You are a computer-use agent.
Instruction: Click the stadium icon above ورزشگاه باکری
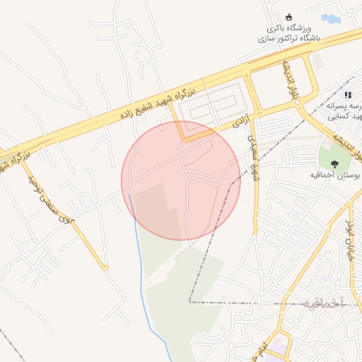[288, 17]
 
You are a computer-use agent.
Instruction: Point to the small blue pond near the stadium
[329, 18]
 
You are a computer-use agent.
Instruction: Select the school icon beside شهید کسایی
[347, 95]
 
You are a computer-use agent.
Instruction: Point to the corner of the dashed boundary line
[189, 302]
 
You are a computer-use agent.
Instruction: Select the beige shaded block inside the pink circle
[151, 209]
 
